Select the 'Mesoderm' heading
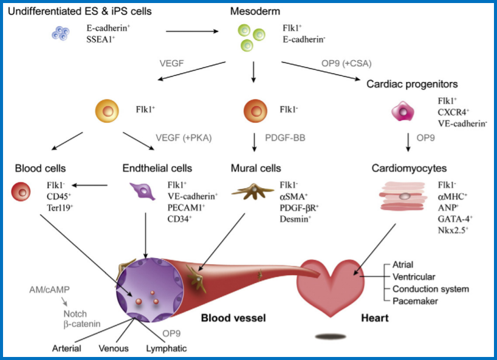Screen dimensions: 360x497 pos(254,12)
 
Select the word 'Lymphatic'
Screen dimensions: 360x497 pos(166,348)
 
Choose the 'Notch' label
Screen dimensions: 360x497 pos(75,313)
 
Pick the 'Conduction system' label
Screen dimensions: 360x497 pos(431,288)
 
